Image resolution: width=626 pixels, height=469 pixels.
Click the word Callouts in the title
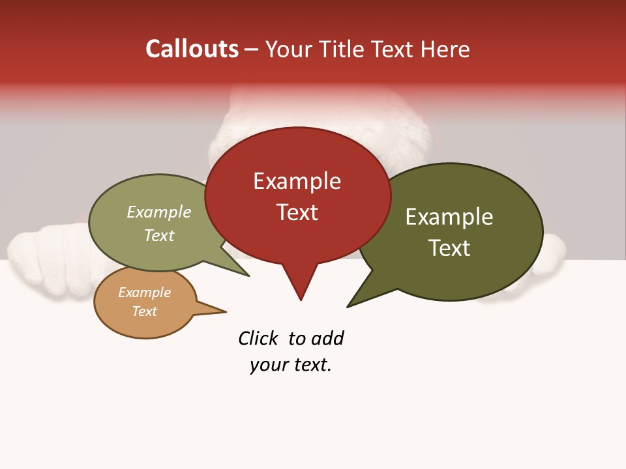point(192,49)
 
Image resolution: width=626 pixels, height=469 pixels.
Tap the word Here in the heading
point(446,49)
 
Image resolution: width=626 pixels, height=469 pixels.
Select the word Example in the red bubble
point(297,181)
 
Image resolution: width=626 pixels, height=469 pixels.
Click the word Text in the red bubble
point(297,212)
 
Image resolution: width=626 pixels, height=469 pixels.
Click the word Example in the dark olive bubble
point(449,217)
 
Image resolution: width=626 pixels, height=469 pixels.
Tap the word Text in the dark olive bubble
point(449,248)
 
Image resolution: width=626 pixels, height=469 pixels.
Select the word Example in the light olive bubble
point(159,212)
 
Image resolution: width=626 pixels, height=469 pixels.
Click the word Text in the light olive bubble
point(159,235)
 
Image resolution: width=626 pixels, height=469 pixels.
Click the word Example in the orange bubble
point(144,292)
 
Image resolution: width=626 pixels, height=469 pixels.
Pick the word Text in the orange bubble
point(144,311)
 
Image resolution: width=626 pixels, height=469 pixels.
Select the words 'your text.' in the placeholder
point(291,365)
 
